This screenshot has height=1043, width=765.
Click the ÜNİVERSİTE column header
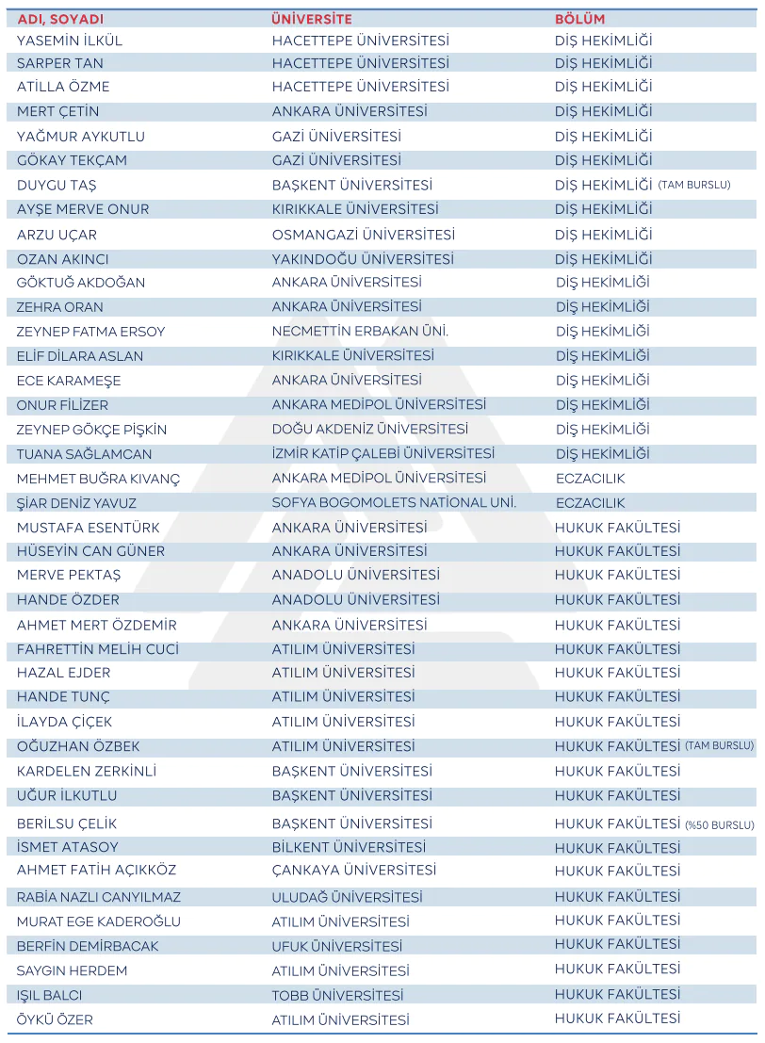point(311,19)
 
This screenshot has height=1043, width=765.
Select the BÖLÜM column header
point(579,19)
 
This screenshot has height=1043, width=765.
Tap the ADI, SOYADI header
point(60,19)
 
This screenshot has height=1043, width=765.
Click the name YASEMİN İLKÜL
point(70,41)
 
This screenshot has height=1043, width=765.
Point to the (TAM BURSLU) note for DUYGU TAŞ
point(694,185)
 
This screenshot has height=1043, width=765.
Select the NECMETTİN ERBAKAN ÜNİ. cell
point(360,332)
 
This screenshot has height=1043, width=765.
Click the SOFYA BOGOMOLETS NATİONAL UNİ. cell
point(394,503)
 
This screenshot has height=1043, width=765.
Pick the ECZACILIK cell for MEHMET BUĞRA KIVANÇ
point(590,479)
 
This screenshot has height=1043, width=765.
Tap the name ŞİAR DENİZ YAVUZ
point(76,503)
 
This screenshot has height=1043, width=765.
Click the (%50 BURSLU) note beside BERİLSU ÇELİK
point(719,824)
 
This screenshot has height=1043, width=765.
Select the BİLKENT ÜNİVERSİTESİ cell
point(349,847)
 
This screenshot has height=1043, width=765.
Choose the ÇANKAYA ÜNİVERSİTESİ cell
point(354,871)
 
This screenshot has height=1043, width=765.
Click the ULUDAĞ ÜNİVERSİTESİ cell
point(347,897)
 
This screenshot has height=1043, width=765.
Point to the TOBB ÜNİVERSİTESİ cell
point(337,995)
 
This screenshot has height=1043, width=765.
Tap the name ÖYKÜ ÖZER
point(55,1019)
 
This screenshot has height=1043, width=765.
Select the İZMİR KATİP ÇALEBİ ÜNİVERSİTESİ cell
point(382,454)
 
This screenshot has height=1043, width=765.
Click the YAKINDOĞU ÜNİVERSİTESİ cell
point(363,259)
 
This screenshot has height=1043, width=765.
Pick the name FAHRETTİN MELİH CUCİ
point(97,649)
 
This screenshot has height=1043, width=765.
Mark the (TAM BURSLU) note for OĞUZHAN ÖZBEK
point(719,745)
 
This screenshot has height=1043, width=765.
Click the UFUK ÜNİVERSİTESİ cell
point(336,946)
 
